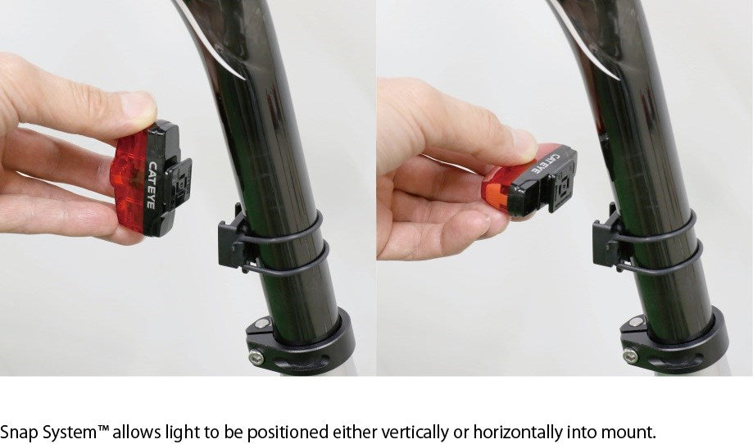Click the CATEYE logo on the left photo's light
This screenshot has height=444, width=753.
click(151, 185)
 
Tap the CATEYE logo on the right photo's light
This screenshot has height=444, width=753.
click(547, 163)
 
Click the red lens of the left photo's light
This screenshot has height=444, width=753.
click(129, 183)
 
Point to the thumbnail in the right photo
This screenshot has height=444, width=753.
click(524, 143)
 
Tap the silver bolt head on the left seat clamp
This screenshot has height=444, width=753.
click(256, 356)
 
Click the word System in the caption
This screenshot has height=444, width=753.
click(70, 433)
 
